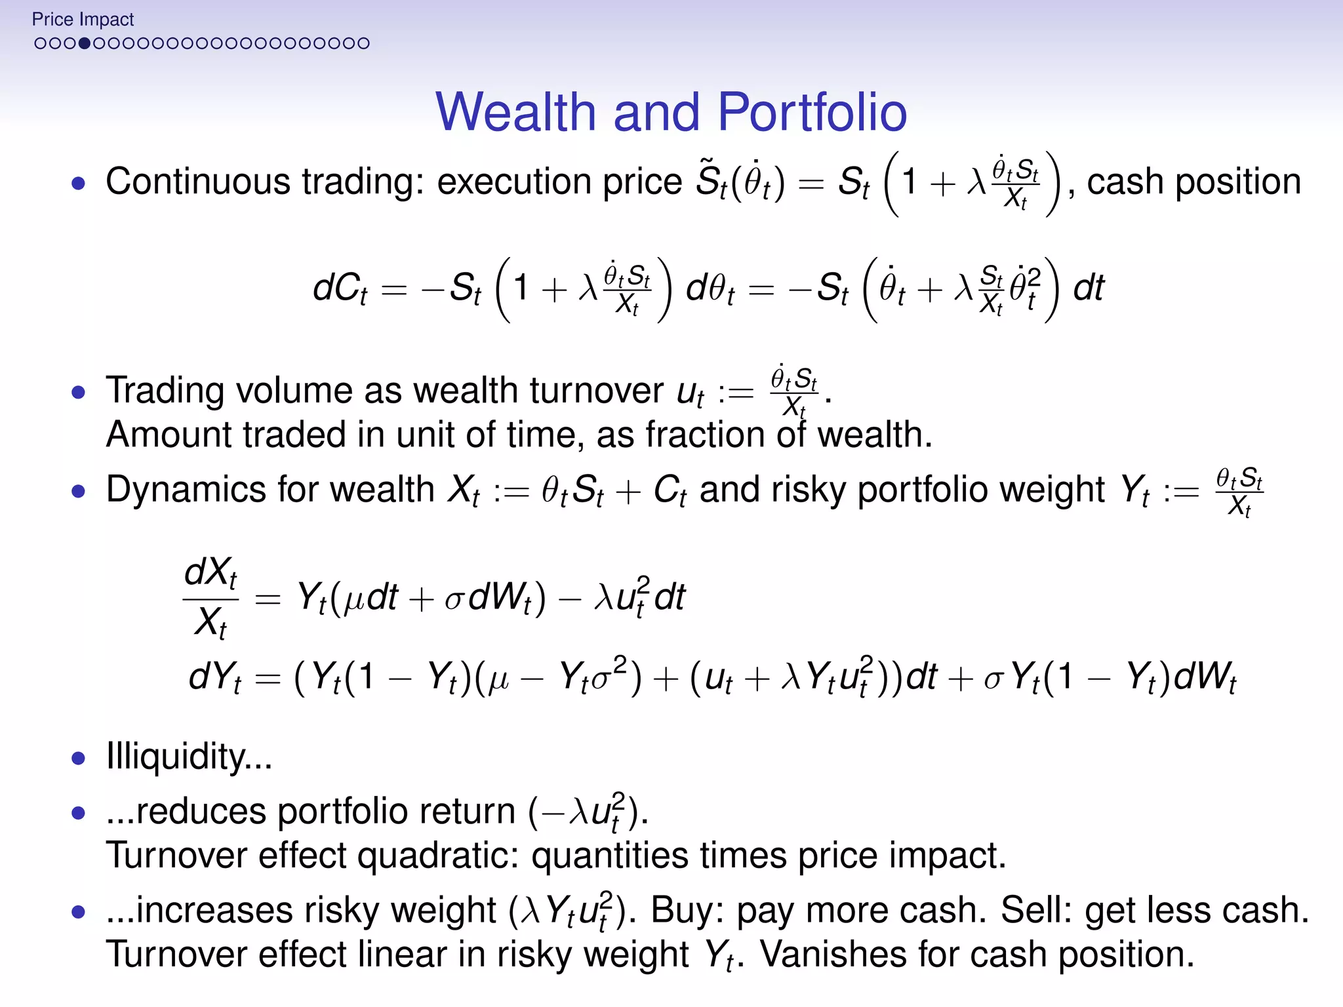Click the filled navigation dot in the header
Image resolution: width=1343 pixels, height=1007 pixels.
click(84, 43)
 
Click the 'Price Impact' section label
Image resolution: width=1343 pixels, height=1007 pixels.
click(83, 20)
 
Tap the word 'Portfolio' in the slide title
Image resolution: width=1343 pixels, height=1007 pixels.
click(812, 112)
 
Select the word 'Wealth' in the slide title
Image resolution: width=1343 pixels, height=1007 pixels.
click(516, 112)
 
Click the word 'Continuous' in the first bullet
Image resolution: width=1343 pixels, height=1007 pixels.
click(197, 182)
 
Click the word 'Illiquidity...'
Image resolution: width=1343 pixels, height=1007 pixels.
click(189, 757)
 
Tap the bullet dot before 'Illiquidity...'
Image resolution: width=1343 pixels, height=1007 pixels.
click(79, 759)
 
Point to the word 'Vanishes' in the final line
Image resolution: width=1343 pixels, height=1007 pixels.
click(832, 954)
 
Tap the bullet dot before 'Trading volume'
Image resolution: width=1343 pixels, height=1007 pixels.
click(79, 393)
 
